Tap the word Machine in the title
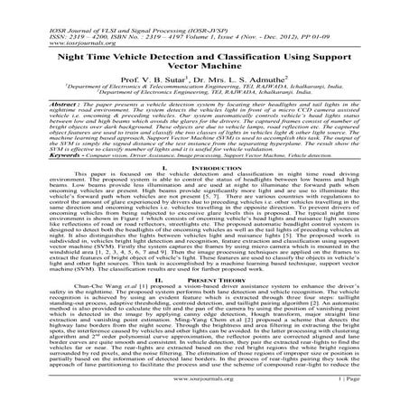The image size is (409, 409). [227, 64]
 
